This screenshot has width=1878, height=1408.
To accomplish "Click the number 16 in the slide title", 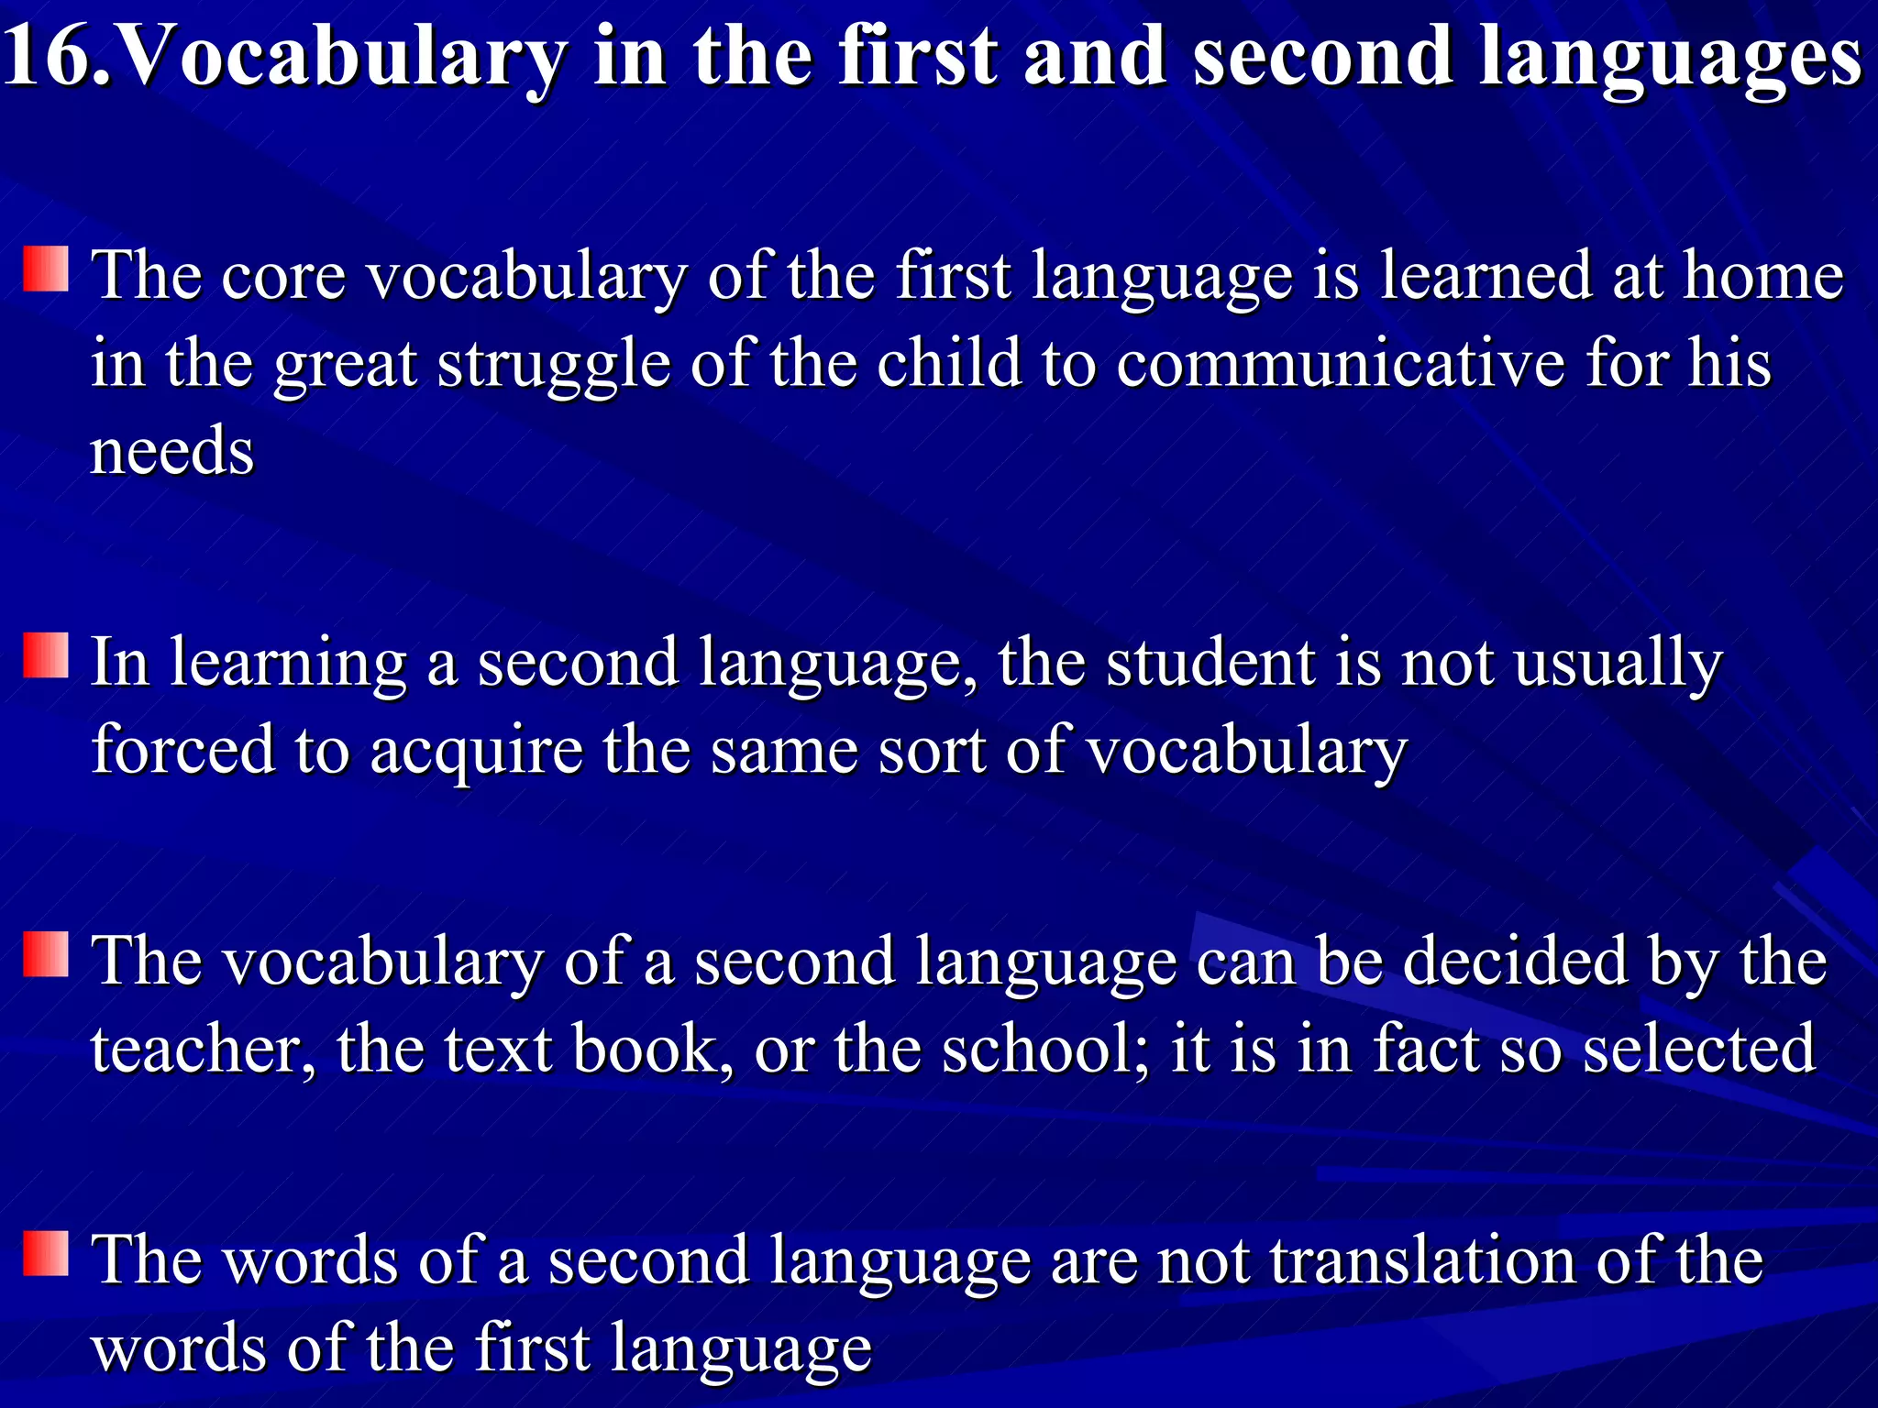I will click(x=46, y=57).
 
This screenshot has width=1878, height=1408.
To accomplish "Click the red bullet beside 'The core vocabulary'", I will click(x=46, y=269).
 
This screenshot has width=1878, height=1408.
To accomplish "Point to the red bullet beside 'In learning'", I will click(x=46, y=656).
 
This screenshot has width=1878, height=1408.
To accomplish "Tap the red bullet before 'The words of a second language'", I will click(x=46, y=1254).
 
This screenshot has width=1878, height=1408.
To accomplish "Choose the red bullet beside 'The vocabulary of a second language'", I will click(x=46, y=954).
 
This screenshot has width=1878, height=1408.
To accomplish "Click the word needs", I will click(x=172, y=452).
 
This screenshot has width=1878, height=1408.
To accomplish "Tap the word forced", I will click(x=183, y=750).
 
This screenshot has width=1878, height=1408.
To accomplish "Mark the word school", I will click(x=1044, y=1050).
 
